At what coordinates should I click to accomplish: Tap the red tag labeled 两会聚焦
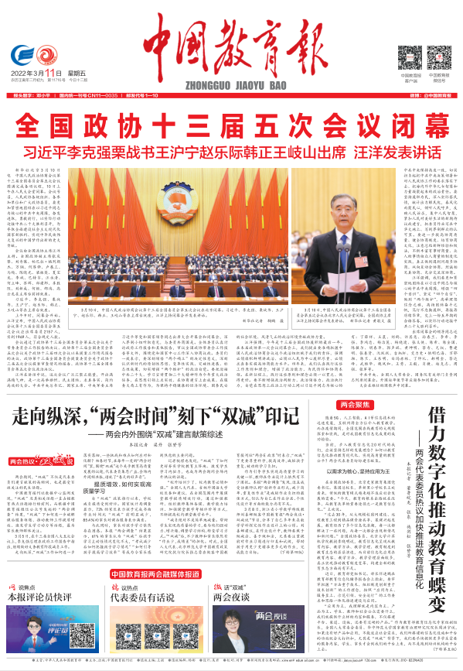[x=355, y=405]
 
